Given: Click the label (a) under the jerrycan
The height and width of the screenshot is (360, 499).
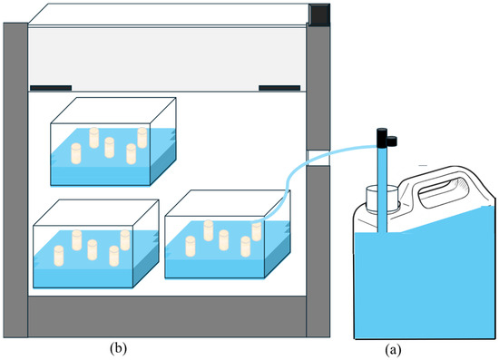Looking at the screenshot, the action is coord(393,350).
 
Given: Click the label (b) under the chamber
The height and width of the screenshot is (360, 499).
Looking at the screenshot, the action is coord(118,348).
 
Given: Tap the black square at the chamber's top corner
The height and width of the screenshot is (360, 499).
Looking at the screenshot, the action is coord(320,14).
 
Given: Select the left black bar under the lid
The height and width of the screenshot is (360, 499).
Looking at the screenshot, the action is coord(51,88).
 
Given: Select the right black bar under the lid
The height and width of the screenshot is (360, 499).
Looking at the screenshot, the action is coord(279,88).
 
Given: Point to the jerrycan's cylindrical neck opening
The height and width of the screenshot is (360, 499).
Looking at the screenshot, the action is coord(382,199).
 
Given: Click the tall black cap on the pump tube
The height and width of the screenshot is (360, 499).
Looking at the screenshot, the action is coord(382,138).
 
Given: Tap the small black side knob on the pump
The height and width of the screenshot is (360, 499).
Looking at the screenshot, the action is coord(391,141).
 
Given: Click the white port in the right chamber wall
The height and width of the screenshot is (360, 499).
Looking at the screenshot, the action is coord(318,158).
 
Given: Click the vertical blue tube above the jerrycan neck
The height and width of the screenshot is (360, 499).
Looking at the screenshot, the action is coord(382,190).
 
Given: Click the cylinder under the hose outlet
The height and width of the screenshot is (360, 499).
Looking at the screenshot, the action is coord(257,231).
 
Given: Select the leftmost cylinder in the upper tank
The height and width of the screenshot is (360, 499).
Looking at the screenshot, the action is coord(76,153).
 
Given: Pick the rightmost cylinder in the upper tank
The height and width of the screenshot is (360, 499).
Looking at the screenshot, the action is coord(142,138).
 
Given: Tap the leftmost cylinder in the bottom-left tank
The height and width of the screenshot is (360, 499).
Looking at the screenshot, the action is coord(59,256).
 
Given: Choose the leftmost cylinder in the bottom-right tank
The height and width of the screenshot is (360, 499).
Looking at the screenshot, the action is coord(191,246).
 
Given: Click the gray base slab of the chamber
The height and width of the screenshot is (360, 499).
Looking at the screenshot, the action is coord(167,316).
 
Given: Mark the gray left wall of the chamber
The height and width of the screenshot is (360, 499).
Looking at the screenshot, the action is coord(15,180).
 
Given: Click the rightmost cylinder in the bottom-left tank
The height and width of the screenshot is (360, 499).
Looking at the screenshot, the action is coord(125,240).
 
